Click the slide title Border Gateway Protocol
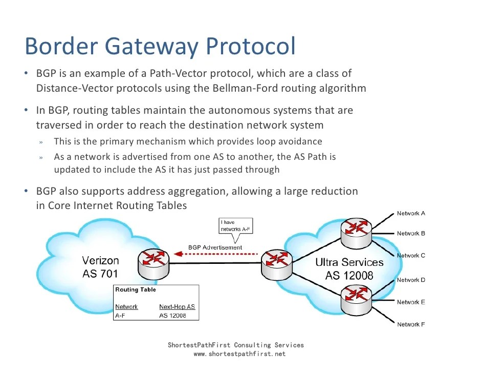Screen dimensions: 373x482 coord(160,47)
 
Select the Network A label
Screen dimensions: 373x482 coord(411,213)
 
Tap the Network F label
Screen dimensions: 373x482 coord(411,324)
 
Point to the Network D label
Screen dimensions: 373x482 coord(411,280)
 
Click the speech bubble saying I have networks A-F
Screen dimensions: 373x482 coord(235,226)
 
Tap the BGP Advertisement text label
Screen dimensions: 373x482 coord(215,247)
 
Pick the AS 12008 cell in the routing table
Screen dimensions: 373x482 coord(172,316)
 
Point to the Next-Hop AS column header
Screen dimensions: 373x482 coord(177,306)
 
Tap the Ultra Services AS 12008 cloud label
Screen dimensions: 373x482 coord(349,269)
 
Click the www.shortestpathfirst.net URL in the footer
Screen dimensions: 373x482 coord(236,354)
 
